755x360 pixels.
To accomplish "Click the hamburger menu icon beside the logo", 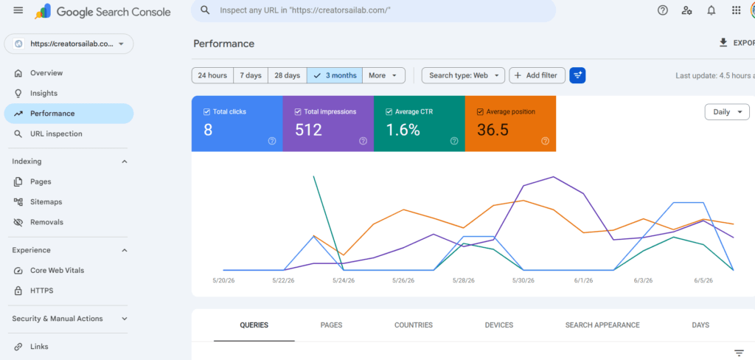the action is (18, 10).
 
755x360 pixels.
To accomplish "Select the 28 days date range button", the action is (287, 75).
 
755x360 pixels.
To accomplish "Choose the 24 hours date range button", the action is (212, 75).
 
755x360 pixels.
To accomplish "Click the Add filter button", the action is (537, 75).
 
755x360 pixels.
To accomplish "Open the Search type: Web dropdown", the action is (463, 75).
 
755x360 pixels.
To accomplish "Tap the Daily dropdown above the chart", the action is (727, 112).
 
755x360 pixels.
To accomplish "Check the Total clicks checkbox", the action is (207, 112).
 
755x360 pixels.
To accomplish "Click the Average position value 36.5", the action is (493, 130).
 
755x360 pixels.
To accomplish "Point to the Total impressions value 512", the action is (308, 130).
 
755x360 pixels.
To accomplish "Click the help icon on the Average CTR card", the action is (454, 141).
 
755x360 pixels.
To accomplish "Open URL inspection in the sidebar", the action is (56, 134).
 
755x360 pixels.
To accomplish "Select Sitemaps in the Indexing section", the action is (46, 202).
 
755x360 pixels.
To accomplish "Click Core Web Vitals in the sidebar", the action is (57, 270).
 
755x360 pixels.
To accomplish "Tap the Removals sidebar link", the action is (46, 222).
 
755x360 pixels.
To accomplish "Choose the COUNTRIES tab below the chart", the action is (414, 325).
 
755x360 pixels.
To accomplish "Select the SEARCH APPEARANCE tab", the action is (602, 325).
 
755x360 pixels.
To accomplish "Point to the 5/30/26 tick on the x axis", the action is (523, 280).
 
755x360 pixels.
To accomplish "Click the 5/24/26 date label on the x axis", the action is (344, 280).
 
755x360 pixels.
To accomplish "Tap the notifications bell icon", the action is (711, 10).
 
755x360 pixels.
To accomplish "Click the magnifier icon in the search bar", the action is (205, 10).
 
